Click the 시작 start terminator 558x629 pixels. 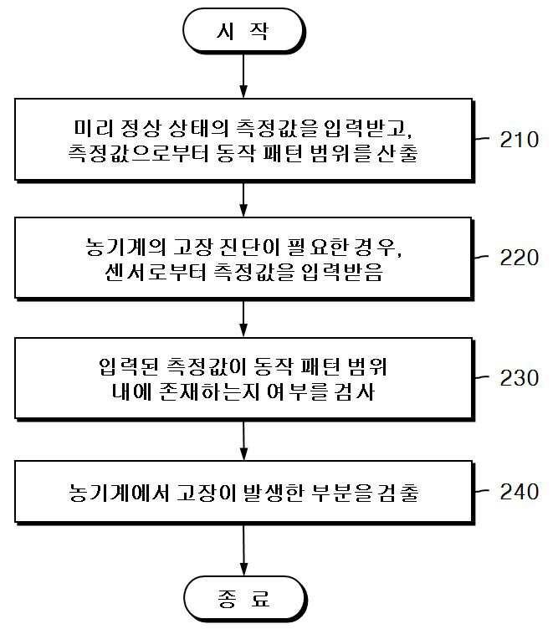(x=243, y=33)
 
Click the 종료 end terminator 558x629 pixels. (x=243, y=599)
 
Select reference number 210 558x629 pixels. (x=519, y=140)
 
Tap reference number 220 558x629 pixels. (x=519, y=258)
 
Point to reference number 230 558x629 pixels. (x=519, y=377)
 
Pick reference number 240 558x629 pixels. (x=519, y=491)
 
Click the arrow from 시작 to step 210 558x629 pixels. (x=243, y=75)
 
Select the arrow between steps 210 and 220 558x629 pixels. (x=243, y=199)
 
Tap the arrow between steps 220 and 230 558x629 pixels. (x=243, y=318)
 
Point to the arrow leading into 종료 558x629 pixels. (x=243, y=549)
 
